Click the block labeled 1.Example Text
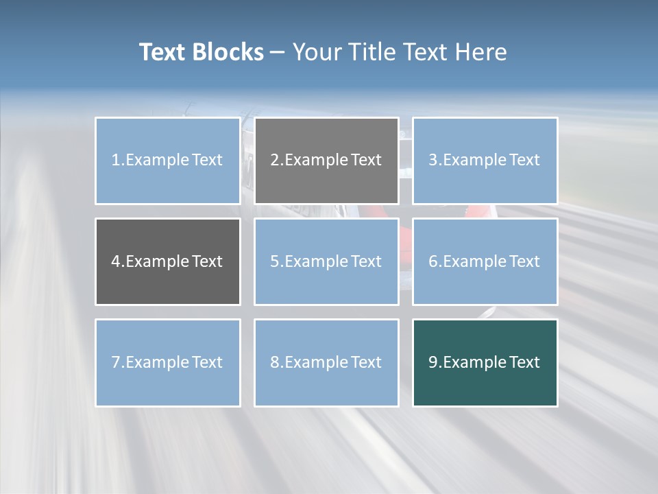pos(167,161)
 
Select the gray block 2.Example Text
pos(326,161)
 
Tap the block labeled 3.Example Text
pos(485,161)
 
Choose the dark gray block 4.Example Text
pos(167,261)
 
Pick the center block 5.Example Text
pos(326,261)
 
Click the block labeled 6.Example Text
pos(485,261)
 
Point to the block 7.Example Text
pos(167,362)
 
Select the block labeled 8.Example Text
pos(326,362)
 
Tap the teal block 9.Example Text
pos(485,362)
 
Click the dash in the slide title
pos(278,53)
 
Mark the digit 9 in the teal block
pos(433,362)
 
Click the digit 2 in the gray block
pos(275,161)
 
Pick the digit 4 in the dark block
pos(116,261)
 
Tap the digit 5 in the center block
pos(275,261)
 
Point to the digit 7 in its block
pos(116,362)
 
